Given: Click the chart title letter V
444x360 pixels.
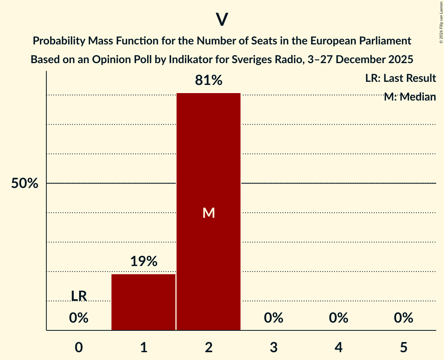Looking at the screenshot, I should (x=222, y=19).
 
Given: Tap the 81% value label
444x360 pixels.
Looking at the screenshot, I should (x=209, y=81).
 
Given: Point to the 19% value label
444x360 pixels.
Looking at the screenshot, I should (x=143, y=261).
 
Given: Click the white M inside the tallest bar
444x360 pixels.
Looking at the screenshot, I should (x=209, y=213).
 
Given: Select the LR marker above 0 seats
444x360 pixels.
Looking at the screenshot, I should (x=79, y=296).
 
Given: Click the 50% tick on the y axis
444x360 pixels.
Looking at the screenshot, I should (x=25, y=184).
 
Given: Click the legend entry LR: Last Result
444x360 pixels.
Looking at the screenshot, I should (x=400, y=78).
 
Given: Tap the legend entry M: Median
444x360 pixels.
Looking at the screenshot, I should (x=410, y=97).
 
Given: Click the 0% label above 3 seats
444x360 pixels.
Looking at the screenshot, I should (x=273, y=318).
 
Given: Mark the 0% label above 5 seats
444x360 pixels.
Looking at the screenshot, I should (x=403, y=318).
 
